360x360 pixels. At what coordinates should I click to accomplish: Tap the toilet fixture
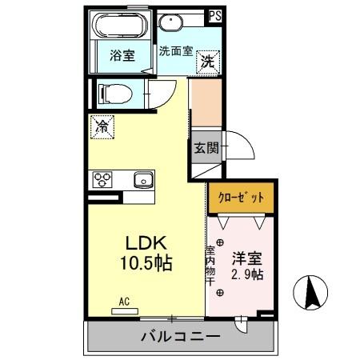pos(113,92)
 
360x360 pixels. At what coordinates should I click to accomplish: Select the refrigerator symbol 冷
pos(102,126)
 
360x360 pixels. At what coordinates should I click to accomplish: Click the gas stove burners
pos(102,178)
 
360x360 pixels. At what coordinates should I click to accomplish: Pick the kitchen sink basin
pos(142,178)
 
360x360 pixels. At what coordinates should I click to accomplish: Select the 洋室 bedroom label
pos(246,259)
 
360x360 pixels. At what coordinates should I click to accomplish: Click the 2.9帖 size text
pos(246,274)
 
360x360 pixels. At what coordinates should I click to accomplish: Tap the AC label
pos(124,302)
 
